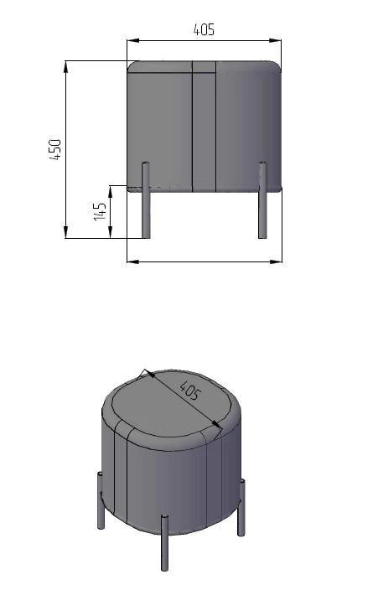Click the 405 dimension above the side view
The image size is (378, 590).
tap(204, 29)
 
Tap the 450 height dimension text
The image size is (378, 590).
tap(55, 149)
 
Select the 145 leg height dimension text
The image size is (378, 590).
tap(100, 212)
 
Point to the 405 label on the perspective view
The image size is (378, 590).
tap(189, 391)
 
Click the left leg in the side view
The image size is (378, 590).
tap(146, 200)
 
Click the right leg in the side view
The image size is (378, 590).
tap(262, 200)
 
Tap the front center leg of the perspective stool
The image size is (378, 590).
tap(164, 543)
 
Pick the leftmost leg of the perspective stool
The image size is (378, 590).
tap(101, 500)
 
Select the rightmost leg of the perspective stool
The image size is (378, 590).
tap(241, 507)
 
